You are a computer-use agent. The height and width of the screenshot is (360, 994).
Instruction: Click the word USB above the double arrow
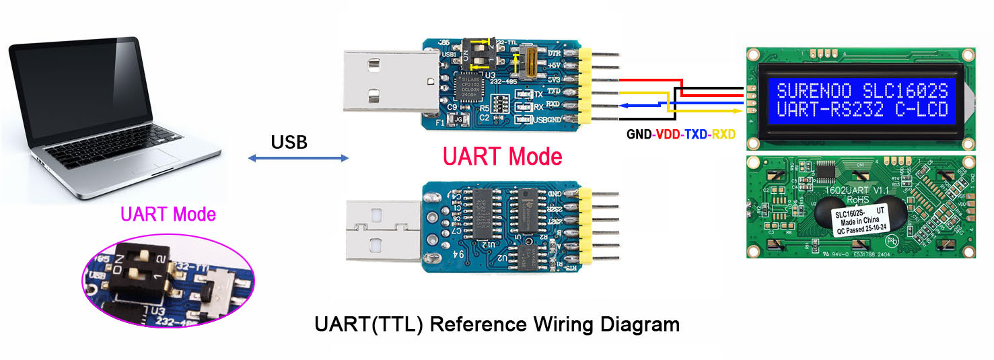point(289,142)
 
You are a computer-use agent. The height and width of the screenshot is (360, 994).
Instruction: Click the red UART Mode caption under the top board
point(502,156)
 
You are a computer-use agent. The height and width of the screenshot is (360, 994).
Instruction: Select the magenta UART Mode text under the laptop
point(168,215)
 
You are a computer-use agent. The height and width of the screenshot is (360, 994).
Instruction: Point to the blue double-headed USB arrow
point(298,158)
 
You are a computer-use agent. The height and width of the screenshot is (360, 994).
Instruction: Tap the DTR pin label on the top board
point(555,52)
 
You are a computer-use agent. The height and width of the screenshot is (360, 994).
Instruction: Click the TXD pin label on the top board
point(554,91)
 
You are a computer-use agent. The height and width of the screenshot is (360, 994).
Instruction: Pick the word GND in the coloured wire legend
point(639,135)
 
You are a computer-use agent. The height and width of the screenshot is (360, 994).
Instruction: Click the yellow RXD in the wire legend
point(723,135)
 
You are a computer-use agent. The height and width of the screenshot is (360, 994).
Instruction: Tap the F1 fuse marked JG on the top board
point(460,120)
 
